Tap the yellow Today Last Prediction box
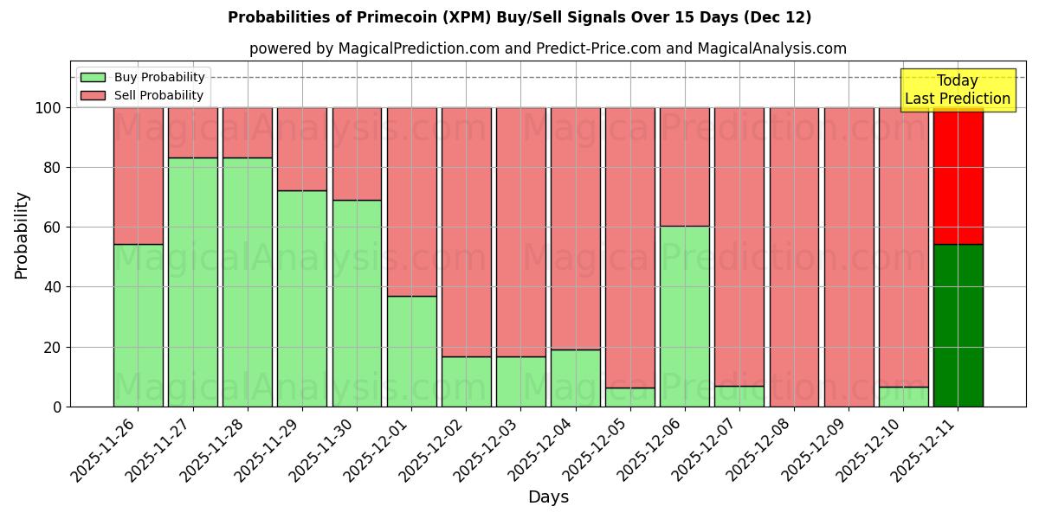pyautogui.click(x=957, y=90)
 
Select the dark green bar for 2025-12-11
pyautogui.click(x=958, y=325)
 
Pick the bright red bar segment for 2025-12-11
pyautogui.click(x=958, y=176)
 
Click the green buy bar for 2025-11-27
pyautogui.click(x=192, y=282)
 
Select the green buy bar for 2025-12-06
pyautogui.click(x=684, y=316)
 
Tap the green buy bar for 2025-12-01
pyautogui.click(x=411, y=351)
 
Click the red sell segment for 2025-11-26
pyautogui.click(x=138, y=176)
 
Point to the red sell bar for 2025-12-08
pyautogui.click(x=794, y=257)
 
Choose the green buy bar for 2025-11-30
pyautogui.click(x=357, y=303)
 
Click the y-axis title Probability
pyautogui.click(x=22, y=234)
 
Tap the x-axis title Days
pyautogui.click(x=548, y=497)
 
